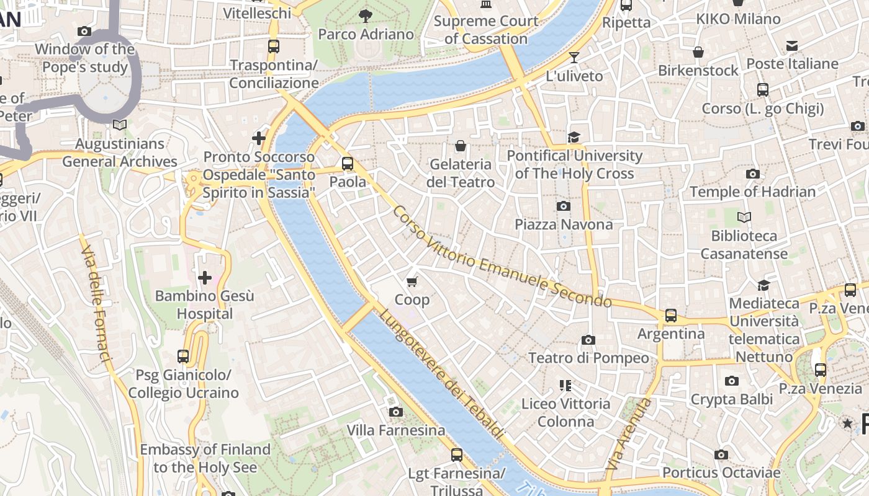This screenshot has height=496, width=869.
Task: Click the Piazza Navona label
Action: point(564,224)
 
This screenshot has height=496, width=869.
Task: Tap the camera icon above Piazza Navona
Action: point(564,206)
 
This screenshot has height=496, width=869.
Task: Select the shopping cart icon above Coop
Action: point(412,281)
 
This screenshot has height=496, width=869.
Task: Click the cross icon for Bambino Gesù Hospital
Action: point(204,278)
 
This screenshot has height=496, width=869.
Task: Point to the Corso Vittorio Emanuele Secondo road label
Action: point(502,257)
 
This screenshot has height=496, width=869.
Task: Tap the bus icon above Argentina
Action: point(671,315)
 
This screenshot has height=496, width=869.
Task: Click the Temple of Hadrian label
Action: point(752,192)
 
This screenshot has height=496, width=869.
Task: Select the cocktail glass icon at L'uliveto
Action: point(574,58)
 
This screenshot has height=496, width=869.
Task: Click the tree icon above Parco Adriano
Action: point(366,15)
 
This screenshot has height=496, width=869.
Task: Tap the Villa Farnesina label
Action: point(395,430)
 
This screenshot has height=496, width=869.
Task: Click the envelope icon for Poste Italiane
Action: point(792,46)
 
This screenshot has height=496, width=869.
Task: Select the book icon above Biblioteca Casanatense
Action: point(744,217)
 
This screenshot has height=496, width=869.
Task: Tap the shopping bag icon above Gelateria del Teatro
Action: point(461,146)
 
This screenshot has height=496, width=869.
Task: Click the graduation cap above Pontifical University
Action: point(574,137)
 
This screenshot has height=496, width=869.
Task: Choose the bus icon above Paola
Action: point(348,164)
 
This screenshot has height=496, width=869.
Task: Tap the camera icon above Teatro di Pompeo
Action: point(588,340)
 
